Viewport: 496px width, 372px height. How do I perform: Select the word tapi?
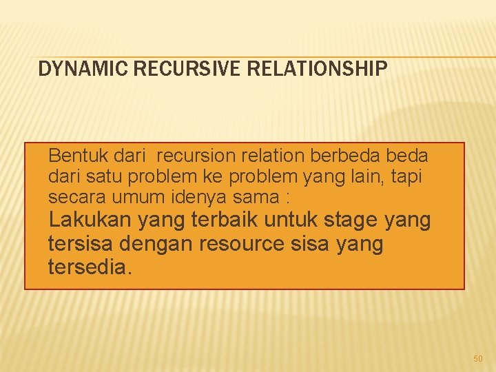pos(406,177)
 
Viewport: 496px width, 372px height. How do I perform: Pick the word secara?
pos(74,198)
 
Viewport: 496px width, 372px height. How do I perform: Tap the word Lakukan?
pos(91,221)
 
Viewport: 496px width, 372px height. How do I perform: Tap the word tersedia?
pos(88,267)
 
